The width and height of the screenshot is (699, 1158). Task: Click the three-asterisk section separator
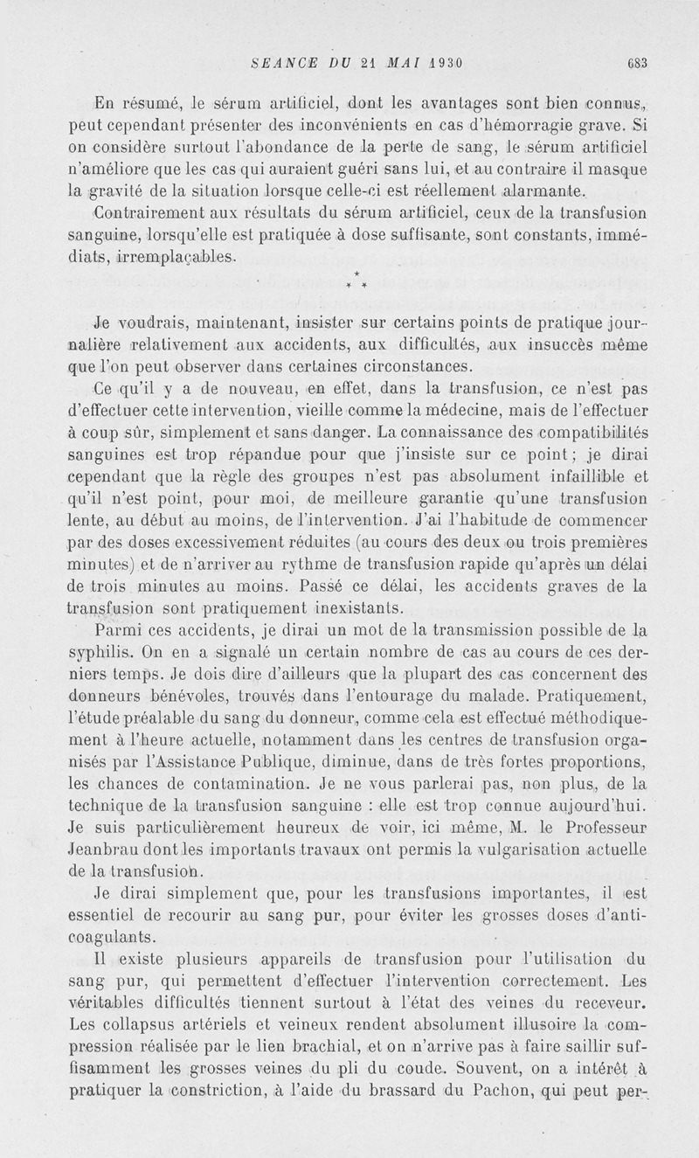(x=356, y=281)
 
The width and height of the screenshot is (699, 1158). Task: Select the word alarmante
(x=538, y=192)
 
